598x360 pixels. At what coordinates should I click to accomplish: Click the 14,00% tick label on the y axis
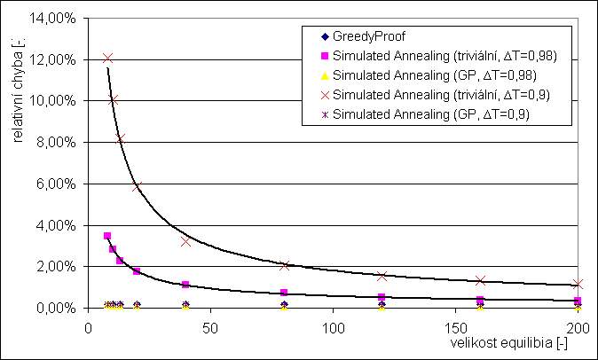click(58, 19)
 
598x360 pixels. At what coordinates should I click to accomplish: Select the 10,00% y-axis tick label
click(58, 101)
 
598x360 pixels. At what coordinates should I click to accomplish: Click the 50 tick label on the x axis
click(210, 326)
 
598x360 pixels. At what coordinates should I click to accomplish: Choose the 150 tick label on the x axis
click(455, 326)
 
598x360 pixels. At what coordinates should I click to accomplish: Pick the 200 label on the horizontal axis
click(578, 326)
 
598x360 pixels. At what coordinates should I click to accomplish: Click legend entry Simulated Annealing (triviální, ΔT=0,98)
click(435, 55)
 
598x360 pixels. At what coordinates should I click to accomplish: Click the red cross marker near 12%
click(107, 59)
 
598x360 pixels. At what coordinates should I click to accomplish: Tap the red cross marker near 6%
click(137, 186)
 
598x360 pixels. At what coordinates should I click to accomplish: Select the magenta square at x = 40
click(185, 285)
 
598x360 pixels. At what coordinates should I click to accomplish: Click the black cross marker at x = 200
click(578, 285)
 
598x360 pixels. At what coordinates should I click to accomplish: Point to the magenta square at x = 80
click(284, 293)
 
